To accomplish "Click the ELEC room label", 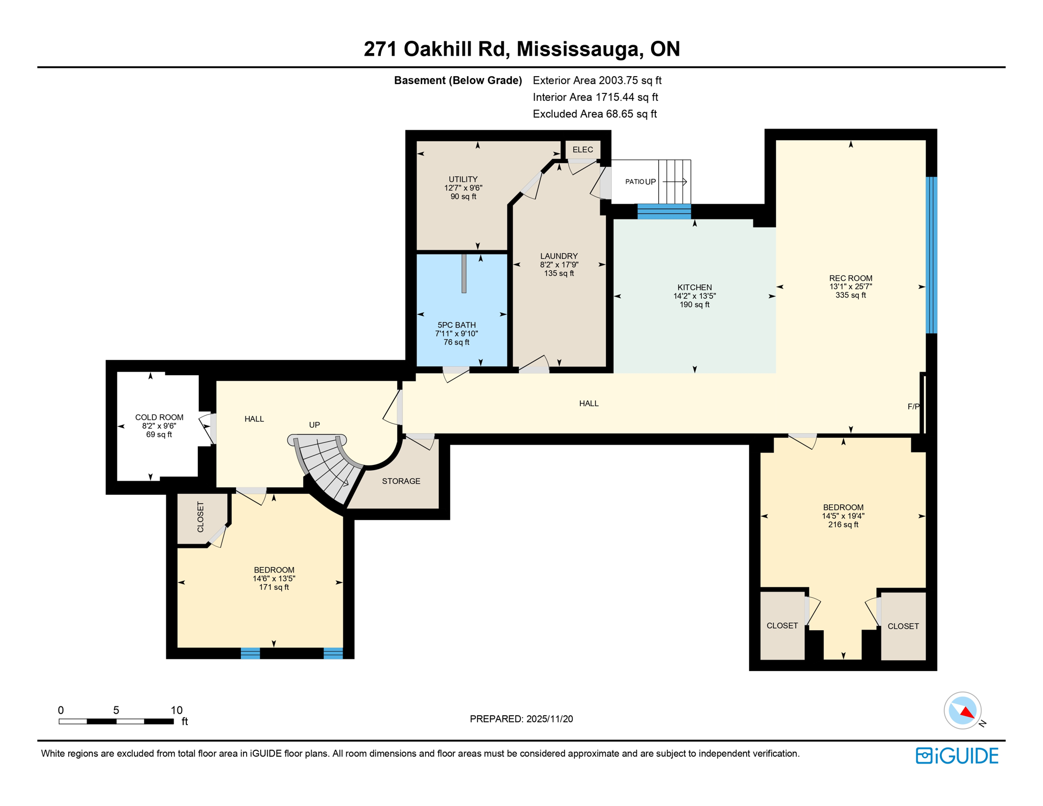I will click(582, 150).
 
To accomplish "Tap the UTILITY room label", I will click(463, 179).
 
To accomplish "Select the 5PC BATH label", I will click(456, 325).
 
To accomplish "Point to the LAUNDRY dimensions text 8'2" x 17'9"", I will click(559, 265).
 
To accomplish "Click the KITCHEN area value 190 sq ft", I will click(694, 305).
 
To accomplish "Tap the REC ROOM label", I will click(850, 278).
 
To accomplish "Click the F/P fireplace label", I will click(913, 407).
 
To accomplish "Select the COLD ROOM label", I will click(159, 417).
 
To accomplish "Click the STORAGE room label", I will click(401, 481).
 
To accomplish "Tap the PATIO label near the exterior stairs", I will click(634, 182).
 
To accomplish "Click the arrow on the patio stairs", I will click(675, 182).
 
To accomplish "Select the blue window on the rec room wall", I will click(931, 255).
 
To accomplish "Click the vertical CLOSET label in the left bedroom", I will click(200, 517).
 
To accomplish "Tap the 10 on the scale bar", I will click(176, 710).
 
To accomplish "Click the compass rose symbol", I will click(962, 710).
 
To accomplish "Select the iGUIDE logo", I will click(956, 756).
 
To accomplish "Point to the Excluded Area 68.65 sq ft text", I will click(594, 114).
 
